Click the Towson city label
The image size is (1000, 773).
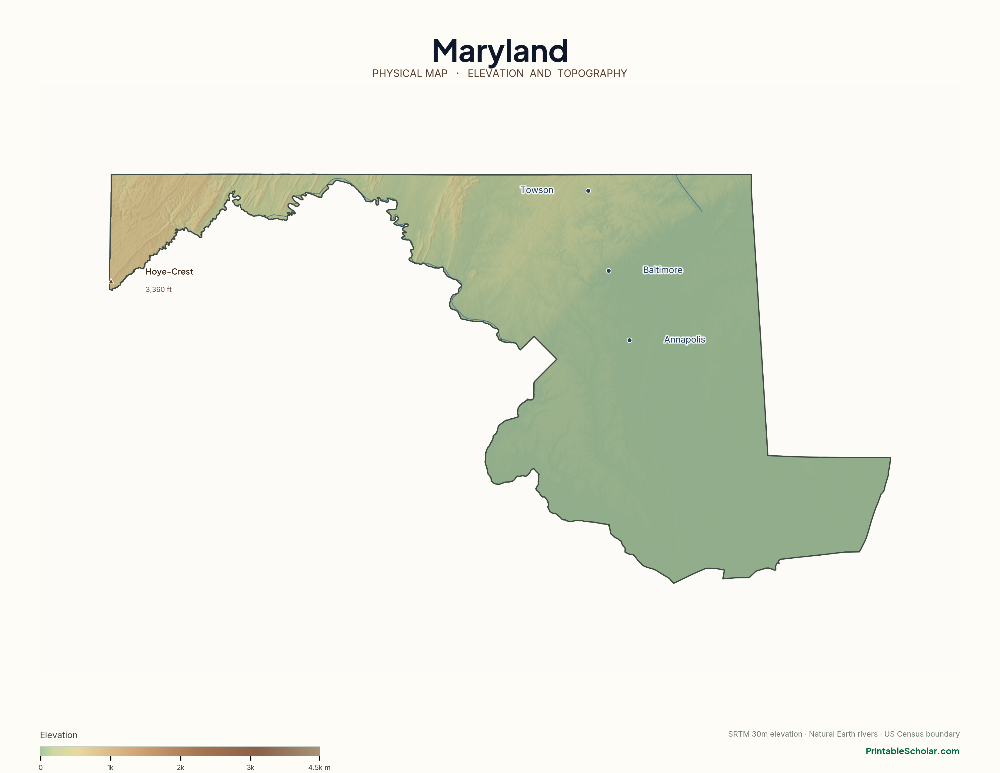click(537, 190)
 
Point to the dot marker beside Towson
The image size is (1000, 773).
click(588, 191)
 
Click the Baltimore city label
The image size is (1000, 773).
click(662, 270)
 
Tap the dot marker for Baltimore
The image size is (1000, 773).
click(608, 271)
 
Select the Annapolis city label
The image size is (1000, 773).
click(685, 340)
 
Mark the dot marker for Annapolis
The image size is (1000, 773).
click(630, 340)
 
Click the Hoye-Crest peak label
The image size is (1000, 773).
click(169, 272)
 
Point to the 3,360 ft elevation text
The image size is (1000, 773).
click(158, 289)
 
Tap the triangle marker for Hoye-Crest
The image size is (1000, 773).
click(111, 281)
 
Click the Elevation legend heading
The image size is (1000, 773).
click(58, 735)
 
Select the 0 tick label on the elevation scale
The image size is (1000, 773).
click(41, 768)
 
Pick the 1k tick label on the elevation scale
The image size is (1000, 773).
click(110, 768)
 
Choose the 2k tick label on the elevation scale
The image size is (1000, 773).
click(180, 768)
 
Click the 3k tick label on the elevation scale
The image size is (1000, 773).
click(251, 768)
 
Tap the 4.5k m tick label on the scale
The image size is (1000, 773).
click(319, 768)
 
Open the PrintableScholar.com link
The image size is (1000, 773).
click(912, 751)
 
